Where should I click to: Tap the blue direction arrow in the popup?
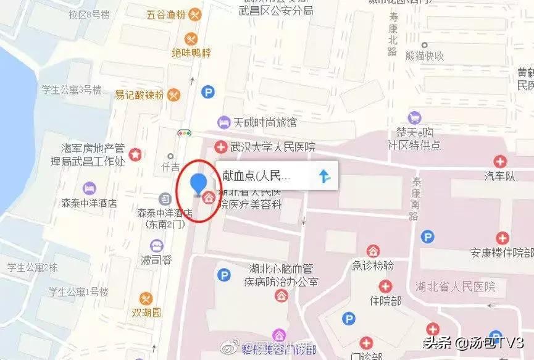click(325, 177)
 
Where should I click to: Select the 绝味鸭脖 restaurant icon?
click(190, 38)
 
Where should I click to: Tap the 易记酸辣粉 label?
click(140, 94)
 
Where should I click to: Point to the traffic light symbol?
click(184, 132)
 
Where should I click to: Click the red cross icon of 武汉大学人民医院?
click(220, 147)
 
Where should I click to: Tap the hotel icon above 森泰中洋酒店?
click(90, 187)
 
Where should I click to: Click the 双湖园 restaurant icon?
click(145, 298)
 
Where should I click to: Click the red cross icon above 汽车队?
click(499, 162)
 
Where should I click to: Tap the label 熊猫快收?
click(425, 56)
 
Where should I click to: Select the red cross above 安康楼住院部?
click(503, 238)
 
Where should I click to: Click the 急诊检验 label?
click(373, 266)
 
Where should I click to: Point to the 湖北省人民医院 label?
click(456, 287)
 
